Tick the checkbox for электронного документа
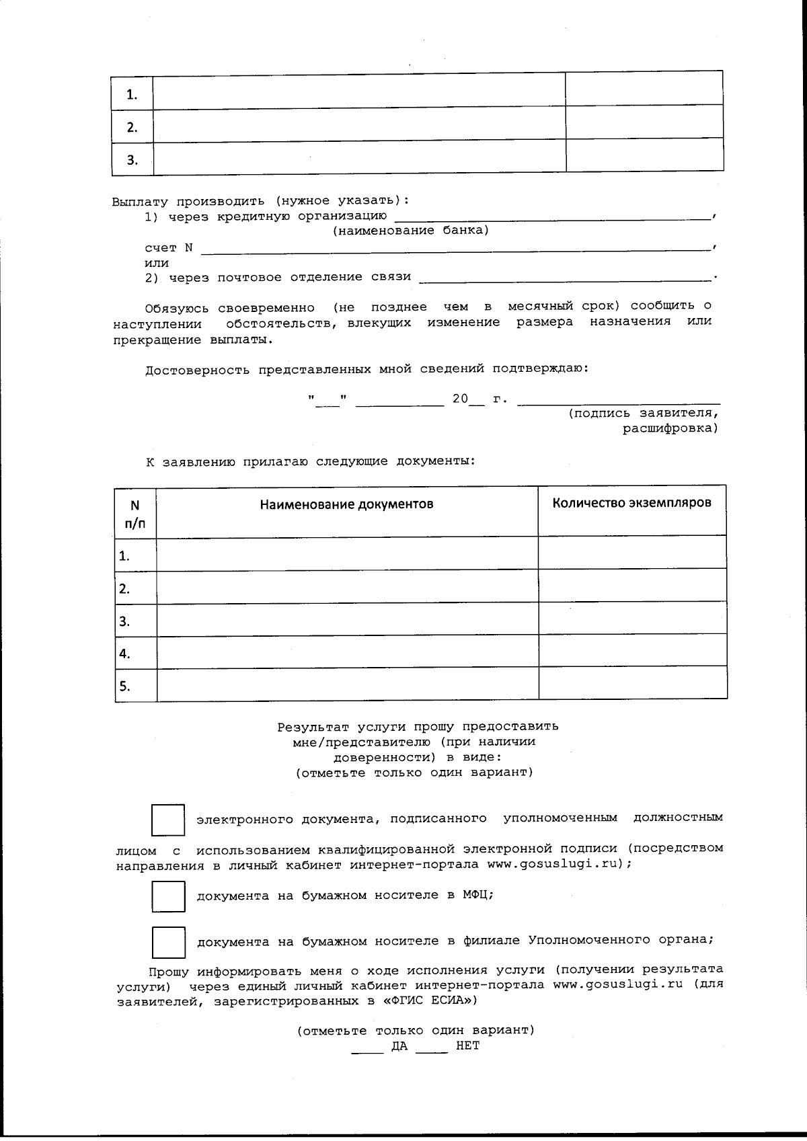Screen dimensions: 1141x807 (168, 820)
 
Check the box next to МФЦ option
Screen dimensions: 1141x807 (168, 896)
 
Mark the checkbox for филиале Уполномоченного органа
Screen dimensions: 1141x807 (168, 942)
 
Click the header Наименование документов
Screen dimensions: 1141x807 (346, 504)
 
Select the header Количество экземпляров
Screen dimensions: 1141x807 (631, 503)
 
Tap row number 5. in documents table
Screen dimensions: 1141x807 (125, 686)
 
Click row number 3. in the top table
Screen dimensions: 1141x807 (132, 159)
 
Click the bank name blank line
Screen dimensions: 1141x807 (551, 217)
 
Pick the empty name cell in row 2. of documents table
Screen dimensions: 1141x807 (347, 588)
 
